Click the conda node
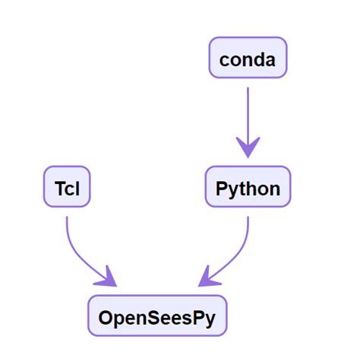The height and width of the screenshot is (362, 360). point(248,58)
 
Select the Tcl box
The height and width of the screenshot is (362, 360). point(67,187)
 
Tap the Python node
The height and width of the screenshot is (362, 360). point(248,187)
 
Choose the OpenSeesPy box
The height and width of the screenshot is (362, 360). point(157,316)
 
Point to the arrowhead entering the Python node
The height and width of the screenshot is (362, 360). point(248,147)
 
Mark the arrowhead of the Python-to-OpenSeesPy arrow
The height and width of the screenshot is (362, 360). point(207,278)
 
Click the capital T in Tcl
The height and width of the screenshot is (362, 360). point(59,189)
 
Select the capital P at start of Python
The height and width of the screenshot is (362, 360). point(221,189)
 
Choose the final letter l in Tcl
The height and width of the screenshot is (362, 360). point(77,189)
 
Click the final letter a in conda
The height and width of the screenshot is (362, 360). point(270,60)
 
